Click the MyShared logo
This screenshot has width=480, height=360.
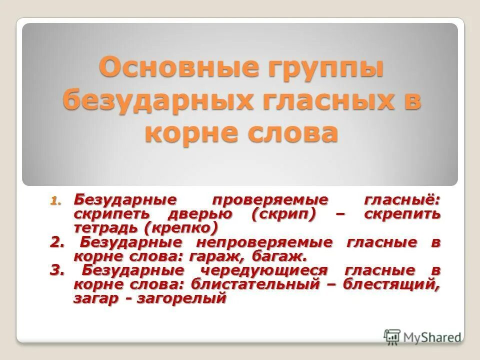(x=422, y=336)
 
